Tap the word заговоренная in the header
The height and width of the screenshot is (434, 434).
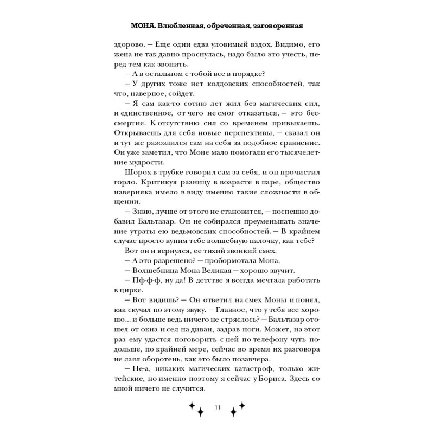[272, 25]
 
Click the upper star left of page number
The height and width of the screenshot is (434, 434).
[191, 405]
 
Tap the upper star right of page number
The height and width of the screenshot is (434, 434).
[241, 405]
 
